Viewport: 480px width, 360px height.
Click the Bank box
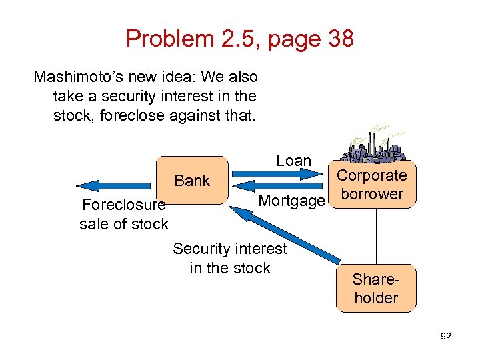point(192,181)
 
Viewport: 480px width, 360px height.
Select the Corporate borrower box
point(371,185)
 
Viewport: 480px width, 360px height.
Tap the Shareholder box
point(376,289)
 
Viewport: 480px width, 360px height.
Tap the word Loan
point(293,161)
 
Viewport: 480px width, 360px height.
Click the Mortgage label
point(291,200)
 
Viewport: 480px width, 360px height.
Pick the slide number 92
point(446,337)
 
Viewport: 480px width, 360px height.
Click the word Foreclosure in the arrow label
point(123,205)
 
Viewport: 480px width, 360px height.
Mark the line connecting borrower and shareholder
point(377,237)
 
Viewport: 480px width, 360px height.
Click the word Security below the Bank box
point(201,249)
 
